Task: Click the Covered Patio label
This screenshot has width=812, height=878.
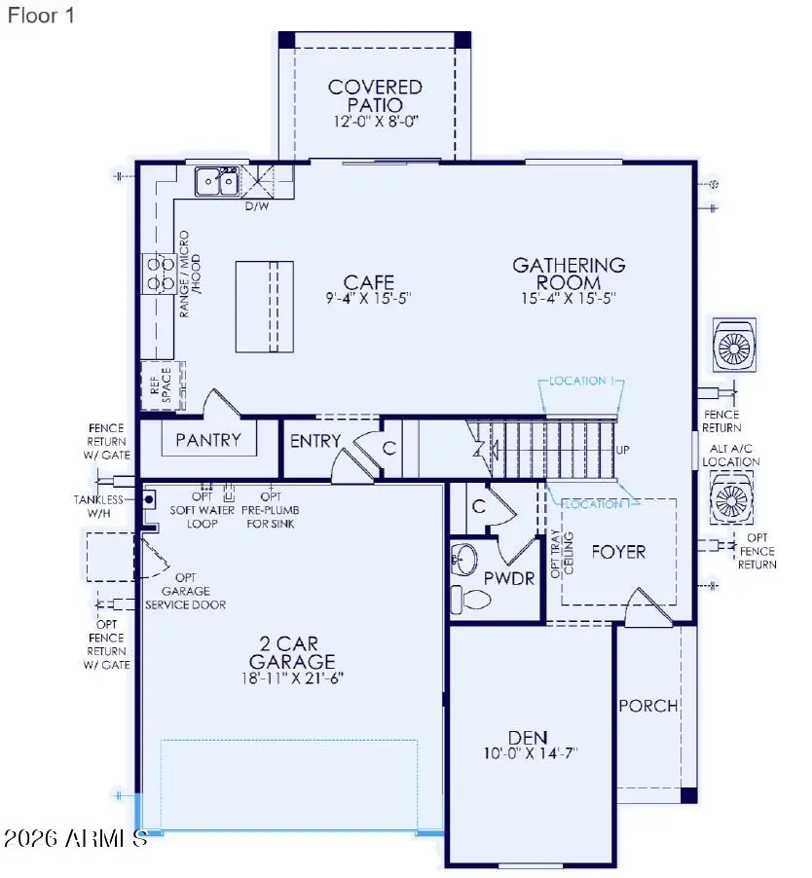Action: [375, 95]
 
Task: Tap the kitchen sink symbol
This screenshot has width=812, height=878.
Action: [217, 180]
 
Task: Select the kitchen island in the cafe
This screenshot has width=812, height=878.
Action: [264, 306]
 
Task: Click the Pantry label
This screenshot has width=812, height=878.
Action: [207, 440]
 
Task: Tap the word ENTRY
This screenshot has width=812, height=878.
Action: [315, 441]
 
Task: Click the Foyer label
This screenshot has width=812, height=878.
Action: [618, 552]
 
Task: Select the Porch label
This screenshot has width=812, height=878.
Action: [647, 706]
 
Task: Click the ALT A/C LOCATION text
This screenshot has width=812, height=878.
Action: [731, 455]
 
